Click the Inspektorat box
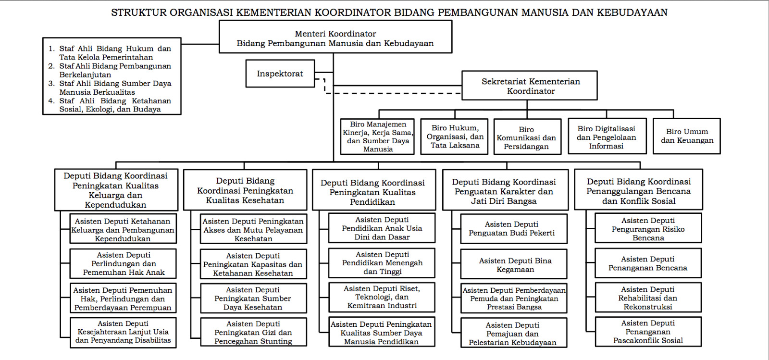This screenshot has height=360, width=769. tap(280, 74)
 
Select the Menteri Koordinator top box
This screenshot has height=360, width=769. tap(335, 38)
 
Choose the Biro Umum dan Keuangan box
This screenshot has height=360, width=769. tap(686, 136)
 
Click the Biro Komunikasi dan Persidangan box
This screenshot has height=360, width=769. tap(527, 137)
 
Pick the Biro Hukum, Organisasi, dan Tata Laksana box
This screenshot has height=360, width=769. tap(454, 137)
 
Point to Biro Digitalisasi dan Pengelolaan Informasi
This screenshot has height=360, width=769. tap(607, 137)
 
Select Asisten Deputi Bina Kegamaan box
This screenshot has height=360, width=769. tap(514, 265)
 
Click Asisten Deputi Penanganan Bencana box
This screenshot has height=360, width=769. tap(647, 263)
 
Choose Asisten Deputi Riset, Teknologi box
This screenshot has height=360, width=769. tap(382, 297)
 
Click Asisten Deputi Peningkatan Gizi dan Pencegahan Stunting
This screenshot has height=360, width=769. tap(253, 332)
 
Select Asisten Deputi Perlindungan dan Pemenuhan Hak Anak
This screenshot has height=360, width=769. tap(123, 264)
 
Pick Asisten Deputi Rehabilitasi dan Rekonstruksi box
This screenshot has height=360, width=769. tap(647, 298)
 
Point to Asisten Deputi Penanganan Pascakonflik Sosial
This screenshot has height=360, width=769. tap(647, 332)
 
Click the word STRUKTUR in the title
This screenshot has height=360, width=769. tap(133, 12)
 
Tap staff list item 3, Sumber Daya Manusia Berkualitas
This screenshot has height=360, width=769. tap(114, 87)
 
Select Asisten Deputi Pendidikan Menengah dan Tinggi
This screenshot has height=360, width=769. tap(382, 263)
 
